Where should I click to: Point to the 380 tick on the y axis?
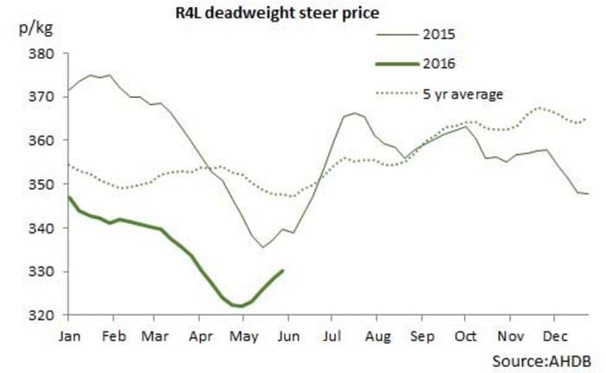click(42, 54)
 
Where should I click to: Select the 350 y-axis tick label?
click(42, 184)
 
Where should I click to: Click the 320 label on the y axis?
click(42, 315)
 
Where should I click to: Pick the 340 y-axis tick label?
click(42, 228)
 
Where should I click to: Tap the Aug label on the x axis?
click(378, 333)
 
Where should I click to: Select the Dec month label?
click(553, 333)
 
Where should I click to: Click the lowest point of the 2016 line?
click(238, 305)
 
